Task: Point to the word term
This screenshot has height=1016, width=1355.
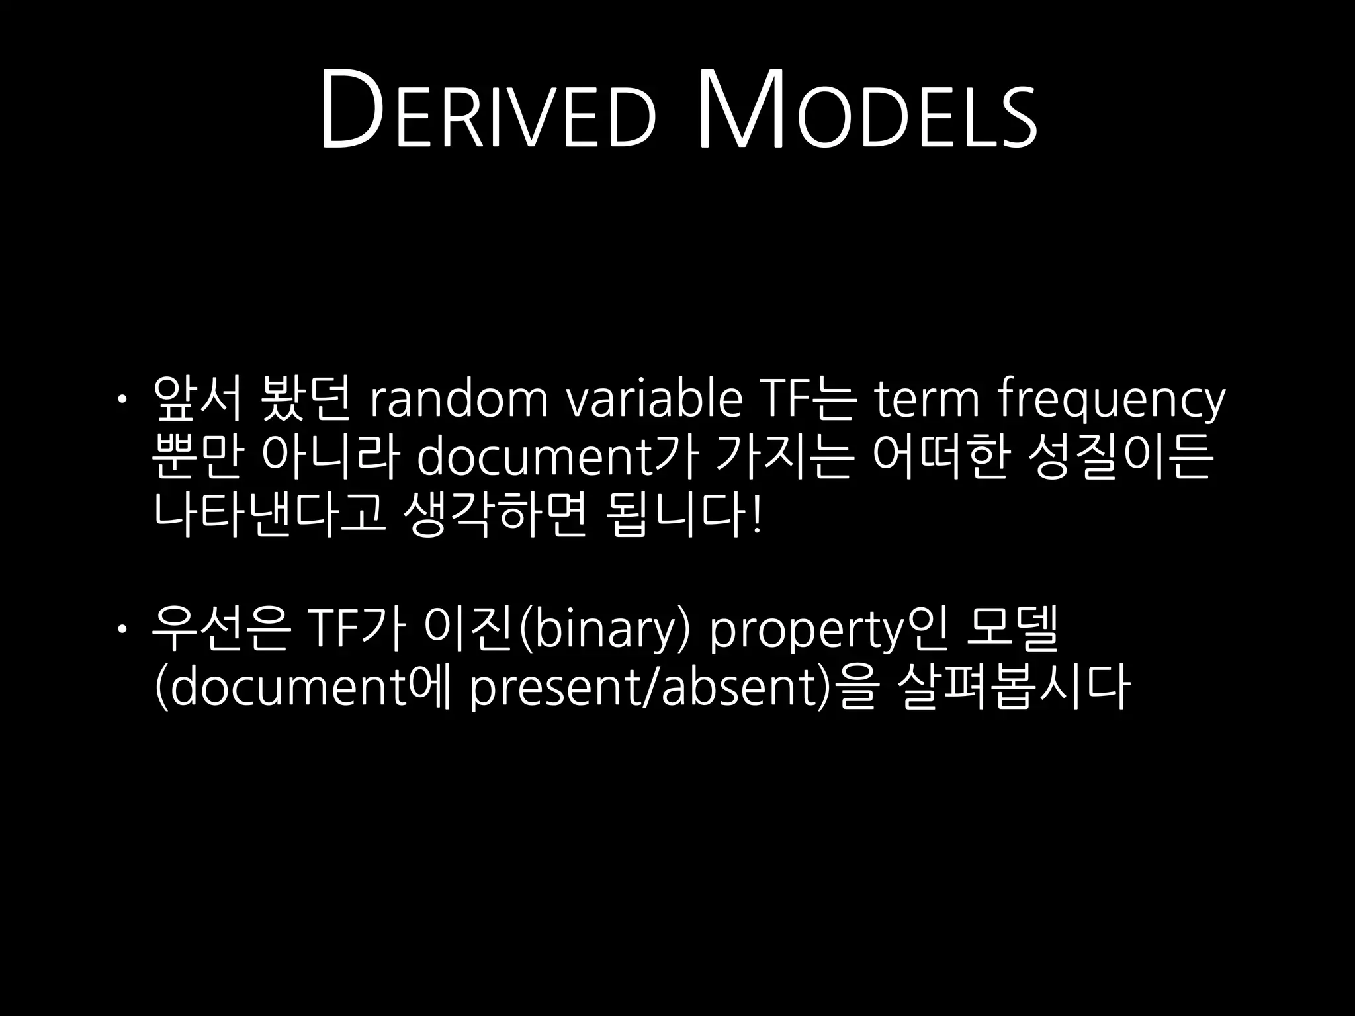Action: tap(926, 400)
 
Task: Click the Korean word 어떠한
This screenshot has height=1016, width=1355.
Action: tap(939, 458)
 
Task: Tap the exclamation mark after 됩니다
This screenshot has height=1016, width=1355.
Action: tap(756, 515)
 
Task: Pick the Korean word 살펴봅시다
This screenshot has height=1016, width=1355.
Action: tap(1015, 688)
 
